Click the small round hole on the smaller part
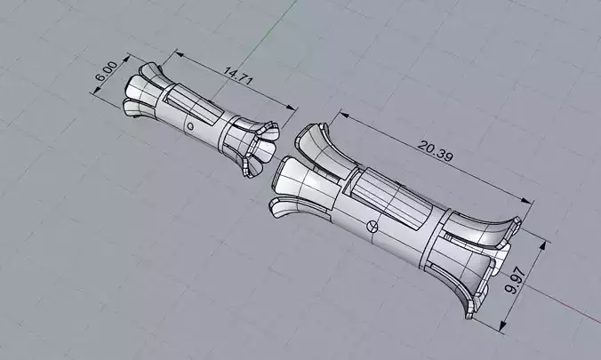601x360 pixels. (x=189, y=127)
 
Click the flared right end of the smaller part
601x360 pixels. (x=258, y=148)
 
